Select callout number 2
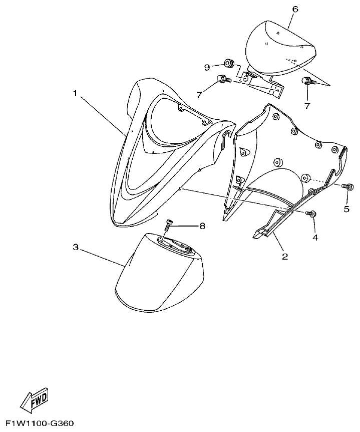[x=285, y=257]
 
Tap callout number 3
[x=76, y=247]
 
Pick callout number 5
[x=346, y=209]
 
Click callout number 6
[x=295, y=9]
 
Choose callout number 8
[x=202, y=226]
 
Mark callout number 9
[x=206, y=67]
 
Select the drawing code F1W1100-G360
[x=38, y=424]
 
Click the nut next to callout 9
[x=229, y=64]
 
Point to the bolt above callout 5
[x=345, y=186]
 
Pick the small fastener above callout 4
[x=312, y=214]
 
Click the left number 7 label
[x=199, y=95]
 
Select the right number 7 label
[x=307, y=106]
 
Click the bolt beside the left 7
[x=222, y=79]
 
